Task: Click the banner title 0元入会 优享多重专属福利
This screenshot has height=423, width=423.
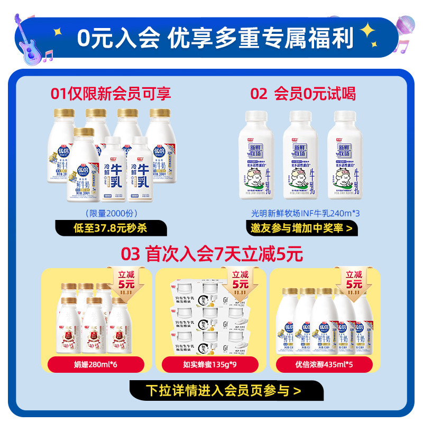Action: (215, 38)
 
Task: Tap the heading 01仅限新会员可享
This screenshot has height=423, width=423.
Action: (111, 94)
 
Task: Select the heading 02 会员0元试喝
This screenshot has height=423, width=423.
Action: (303, 94)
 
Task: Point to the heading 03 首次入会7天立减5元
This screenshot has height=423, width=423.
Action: (212, 254)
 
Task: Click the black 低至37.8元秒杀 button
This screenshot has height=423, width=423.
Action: (111, 228)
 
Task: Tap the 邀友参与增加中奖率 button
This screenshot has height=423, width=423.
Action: (301, 228)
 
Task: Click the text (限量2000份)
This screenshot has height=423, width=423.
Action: (111, 213)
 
